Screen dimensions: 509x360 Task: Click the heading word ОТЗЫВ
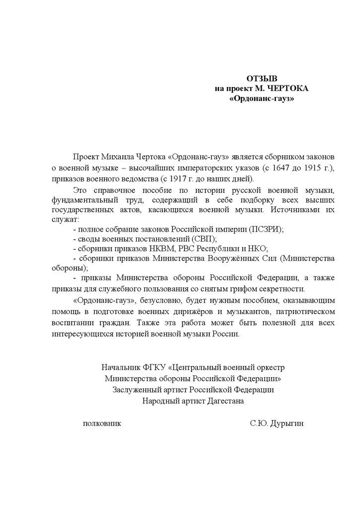pyautogui.click(x=262, y=79)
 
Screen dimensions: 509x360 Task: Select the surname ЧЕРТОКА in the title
pyautogui.click(x=288, y=88)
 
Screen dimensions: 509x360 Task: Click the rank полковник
pyautogui.click(x=102, y=424)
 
